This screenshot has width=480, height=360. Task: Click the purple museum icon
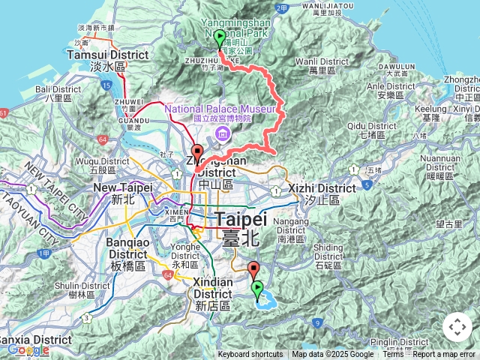[223, 133]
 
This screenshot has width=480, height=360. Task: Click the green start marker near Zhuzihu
[220, 39]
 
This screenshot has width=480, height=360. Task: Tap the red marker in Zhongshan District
[196, 153]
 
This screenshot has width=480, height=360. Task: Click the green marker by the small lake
[257, 289]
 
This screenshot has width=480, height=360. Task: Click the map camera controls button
[457, 327]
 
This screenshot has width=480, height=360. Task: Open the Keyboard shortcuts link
[250, 355]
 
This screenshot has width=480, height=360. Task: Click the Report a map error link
[444, 355]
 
